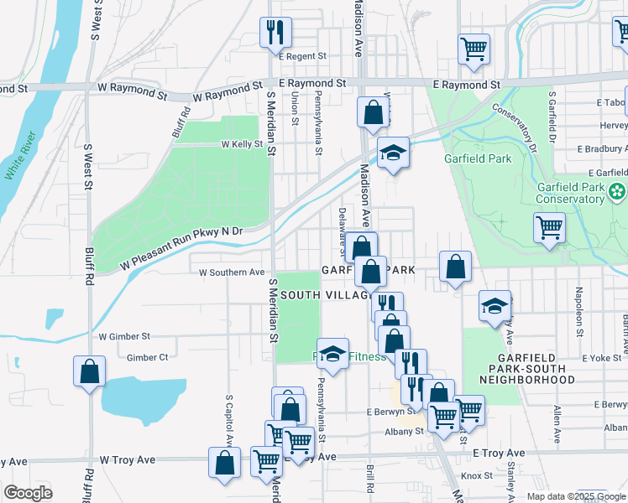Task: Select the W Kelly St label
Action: [x=242, y=144]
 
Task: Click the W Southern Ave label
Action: [x=232, y=272]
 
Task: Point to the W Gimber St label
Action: [x=123, y=336]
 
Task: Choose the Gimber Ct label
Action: [x=147, y=357]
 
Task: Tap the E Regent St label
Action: [x=301, y=56]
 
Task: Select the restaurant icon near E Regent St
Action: [x=275, y=33]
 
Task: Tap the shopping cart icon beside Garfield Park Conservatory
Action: [x=549, y=226]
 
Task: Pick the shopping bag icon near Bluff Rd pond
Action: [x=89, y=371]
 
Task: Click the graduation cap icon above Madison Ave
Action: [x=392, y=153]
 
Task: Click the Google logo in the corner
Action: [x=28, y=493]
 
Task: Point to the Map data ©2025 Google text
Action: [x=575, y=496]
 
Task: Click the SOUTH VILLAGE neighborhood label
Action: [x=326, y=295]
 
